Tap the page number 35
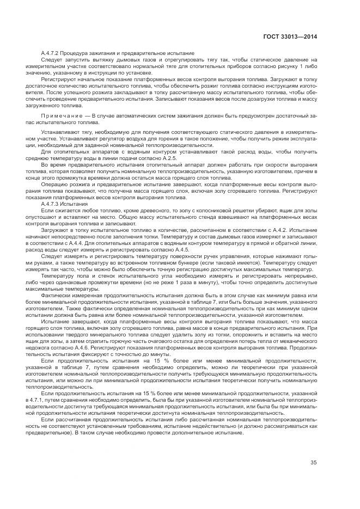click(x=314, y=463)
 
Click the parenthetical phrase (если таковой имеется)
click(x=193, y=261)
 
